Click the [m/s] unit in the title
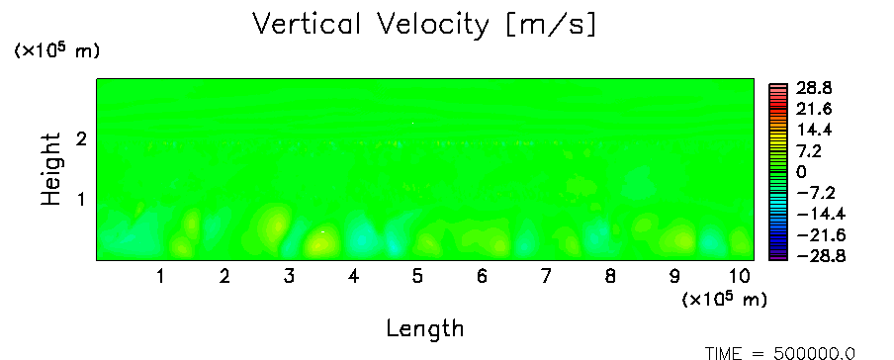[550, 26]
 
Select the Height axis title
[50, 169]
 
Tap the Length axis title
[425, 329]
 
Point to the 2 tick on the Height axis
[81, 138]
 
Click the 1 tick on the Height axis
[81, 200]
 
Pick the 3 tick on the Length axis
[289, 277]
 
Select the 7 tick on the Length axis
[546, 277]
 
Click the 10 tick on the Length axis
[739, 277]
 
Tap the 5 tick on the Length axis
[417, 277]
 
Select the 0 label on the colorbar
[802, 172]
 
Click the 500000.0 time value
[814, 354]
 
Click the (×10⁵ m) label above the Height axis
[56, 50]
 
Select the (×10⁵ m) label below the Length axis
[724, 299]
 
